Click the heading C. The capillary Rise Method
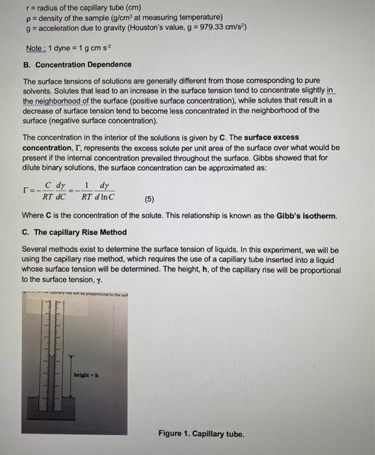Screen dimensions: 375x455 74,232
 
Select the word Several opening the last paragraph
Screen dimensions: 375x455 36,249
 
